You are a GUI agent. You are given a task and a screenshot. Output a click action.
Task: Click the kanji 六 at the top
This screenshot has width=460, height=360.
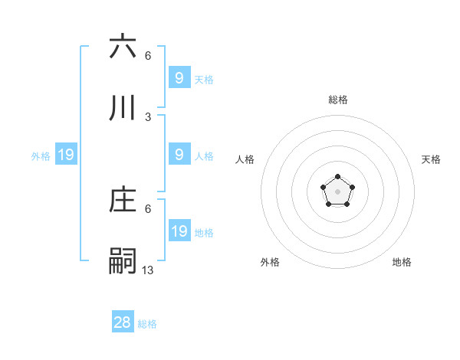tap(123, 47)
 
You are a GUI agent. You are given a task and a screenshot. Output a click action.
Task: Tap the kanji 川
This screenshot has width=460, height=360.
tap(123, 109)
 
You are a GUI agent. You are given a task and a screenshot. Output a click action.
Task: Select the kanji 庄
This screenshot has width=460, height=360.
tap(123, 201)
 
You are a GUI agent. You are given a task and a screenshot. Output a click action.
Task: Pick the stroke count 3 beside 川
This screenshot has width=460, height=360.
tap(148, 116)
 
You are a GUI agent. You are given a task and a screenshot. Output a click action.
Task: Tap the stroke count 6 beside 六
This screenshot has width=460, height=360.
tap(148, 55)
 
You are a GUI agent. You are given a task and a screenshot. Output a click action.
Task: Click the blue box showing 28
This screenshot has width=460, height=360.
tap(123, 322)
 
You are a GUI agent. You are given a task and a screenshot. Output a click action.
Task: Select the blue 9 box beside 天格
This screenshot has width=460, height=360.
tap(179, 77)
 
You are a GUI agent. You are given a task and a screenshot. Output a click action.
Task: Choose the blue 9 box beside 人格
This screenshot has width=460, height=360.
tap(179, 155)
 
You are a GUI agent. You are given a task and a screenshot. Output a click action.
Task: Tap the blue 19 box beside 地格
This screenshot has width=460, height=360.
tap(179, 231)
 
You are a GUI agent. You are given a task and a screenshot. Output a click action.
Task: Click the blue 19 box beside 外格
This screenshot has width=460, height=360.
tap(66, 155)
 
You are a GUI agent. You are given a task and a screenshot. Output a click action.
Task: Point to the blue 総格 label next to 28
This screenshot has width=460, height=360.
tap(147, 324)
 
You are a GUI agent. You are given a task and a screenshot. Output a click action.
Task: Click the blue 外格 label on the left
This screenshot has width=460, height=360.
tap(41, 156)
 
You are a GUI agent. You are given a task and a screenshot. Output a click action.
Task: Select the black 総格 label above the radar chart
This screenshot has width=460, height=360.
tap(337, 100)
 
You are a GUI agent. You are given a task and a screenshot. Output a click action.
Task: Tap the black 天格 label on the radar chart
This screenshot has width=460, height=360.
tap(431, 159)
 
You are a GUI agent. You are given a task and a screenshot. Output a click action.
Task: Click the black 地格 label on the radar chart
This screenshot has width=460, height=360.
tap(402, 262)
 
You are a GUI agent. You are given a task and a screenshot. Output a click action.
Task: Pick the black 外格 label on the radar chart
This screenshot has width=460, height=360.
tap(270, 262)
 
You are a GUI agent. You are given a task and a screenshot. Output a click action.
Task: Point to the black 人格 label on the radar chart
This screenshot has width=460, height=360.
tap(245, 159)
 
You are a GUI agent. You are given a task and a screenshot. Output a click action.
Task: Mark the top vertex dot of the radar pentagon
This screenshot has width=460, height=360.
tap(337, 177)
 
